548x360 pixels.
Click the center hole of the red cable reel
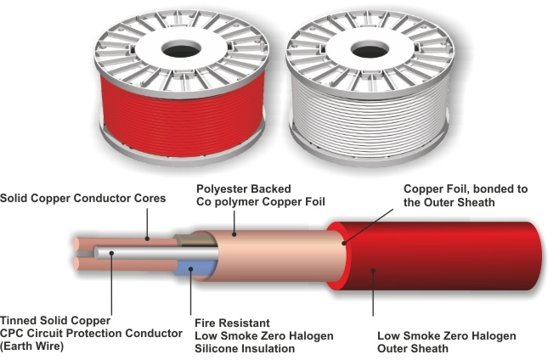(x=181, y=51)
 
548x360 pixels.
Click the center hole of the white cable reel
(x=370, y=51)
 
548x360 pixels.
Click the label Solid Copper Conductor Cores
(x=82, y=199)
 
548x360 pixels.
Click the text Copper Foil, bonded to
(x=466, y=188)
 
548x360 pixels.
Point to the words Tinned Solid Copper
(x=55, y=321)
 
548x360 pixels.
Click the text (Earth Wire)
(x=31, y=346)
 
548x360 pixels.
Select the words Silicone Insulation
(x=245, y=348)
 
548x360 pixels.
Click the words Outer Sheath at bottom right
(x=413, y=348)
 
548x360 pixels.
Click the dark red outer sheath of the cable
(x=437, y=256)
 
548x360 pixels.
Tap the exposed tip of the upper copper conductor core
(x=76, y=244)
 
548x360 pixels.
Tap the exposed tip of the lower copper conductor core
(x=76, y=264)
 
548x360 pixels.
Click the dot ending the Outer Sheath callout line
(x=373, y=270)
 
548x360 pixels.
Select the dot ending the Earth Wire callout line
(x=111, y=253)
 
